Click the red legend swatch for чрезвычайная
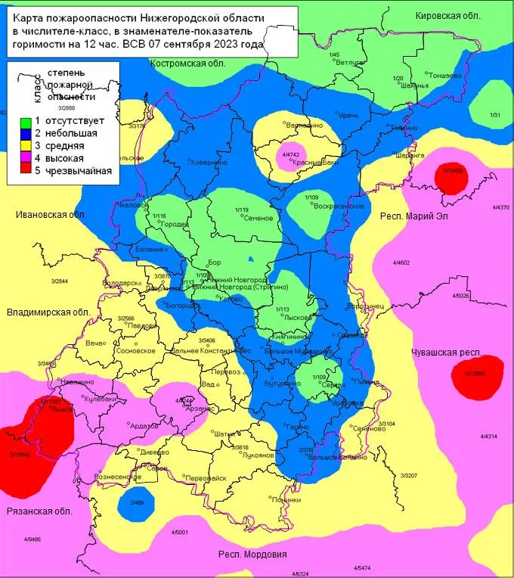(x=25, y=171)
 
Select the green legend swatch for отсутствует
(x=25, y=121)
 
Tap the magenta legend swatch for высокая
(x=25, y=158)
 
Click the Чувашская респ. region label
(x=447, y=353)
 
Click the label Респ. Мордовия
(x=253, y=555)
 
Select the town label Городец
(x=175, y=225)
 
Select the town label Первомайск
(x=206, y=478)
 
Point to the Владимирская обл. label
(x=48, y=312)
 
